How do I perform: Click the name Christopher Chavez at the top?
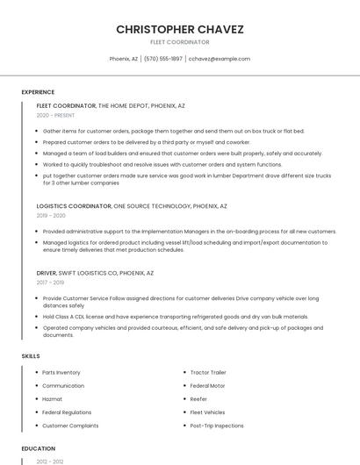pos(180,29)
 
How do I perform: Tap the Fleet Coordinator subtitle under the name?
pos(180,42)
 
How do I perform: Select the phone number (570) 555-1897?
pos(163,59)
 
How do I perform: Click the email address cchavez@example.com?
pos(220,59)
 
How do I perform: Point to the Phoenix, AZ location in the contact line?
pos(124,59)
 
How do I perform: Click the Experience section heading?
pos(38,92)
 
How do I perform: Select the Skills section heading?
pos(31,356)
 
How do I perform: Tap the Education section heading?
pos(38,448)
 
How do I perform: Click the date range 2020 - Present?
pos(55,115)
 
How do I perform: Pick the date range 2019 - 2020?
pos(51,215)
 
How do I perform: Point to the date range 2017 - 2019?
pos(50,283)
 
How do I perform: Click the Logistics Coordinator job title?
pos(74,206)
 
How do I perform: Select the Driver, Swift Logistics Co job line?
pos(95,273)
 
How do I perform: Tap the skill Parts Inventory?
pos(61,373)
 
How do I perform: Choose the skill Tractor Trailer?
pos(208,373)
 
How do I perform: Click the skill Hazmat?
pos(53,399)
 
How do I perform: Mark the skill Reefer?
pos(198,399)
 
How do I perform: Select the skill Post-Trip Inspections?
pos(217,426)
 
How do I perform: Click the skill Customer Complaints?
pos(70,426)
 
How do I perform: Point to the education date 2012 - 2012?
pos(49,461)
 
